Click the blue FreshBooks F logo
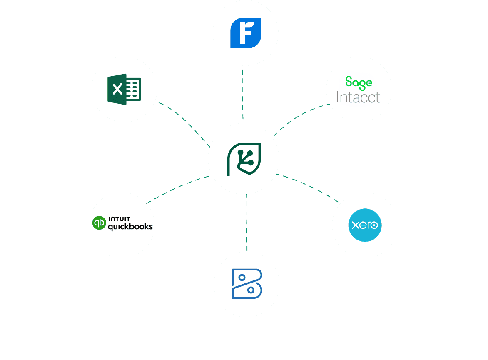pos(245,33)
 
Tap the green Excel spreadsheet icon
pos(124,89)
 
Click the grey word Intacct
pos(358,97)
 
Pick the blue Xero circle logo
pos(365,225)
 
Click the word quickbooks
pos(130,227)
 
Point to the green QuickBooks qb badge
pos(99,223)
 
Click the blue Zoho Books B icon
pos(246,284)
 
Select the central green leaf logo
pos(244,159)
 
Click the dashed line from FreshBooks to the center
pos(243,94)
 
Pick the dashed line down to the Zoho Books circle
pos(246,223)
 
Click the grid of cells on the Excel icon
pos(134,89)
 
